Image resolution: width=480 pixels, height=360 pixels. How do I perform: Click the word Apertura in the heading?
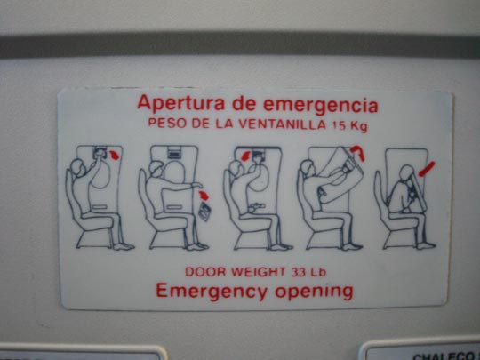click(x=181, y=103)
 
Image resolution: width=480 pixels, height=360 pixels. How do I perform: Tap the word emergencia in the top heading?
click(x=321, y=106)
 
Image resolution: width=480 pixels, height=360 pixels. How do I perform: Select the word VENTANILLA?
click(x=282, y=124)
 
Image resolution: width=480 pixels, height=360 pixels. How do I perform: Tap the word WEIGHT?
click(x=258, y=272)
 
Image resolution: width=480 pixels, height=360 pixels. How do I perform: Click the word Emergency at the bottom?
click(x=212, y=292)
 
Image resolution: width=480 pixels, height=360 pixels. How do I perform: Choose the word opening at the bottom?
click(x=314, y=292)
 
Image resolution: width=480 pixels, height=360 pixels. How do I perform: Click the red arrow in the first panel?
click(x=115, y=155)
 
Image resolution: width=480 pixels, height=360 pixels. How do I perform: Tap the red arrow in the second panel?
click(x=204, y=196)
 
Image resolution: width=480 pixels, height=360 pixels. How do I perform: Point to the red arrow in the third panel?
click(x=246, y=156)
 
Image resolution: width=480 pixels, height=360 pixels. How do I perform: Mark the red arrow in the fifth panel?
click(x=427, y=169)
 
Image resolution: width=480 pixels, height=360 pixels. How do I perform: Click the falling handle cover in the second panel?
click(x=204, y=212)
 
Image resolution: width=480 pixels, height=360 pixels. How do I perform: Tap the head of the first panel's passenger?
click(x=77, y=167)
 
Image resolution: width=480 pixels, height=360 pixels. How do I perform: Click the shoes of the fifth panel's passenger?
click(x=426, y=246)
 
